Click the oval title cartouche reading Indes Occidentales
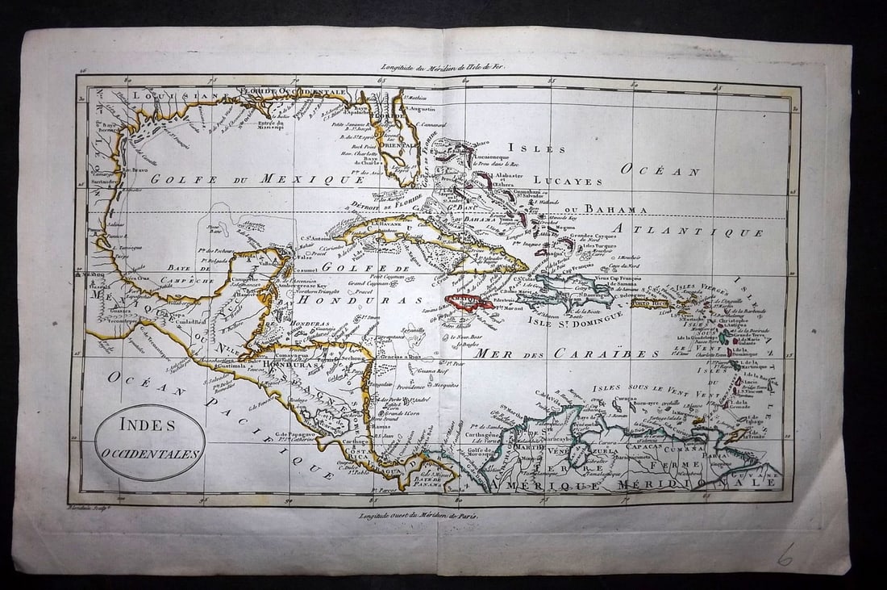pyautogui.click(x=150, y=441)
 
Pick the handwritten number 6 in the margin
pyautogui.click(x=785, y=554)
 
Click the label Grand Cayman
pyautogui.click(x=366, y=283)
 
